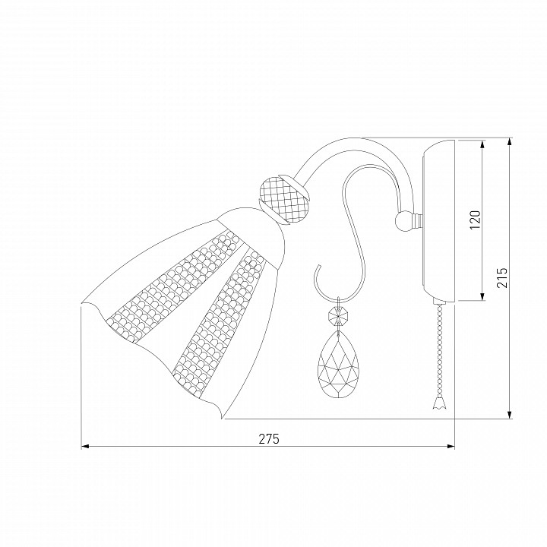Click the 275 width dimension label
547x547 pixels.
(269, 438)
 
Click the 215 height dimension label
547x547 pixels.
(502, 278)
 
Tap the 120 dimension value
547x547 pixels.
(475, 220)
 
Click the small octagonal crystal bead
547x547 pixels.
(337, 316)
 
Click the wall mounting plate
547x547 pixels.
(438, 220)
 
